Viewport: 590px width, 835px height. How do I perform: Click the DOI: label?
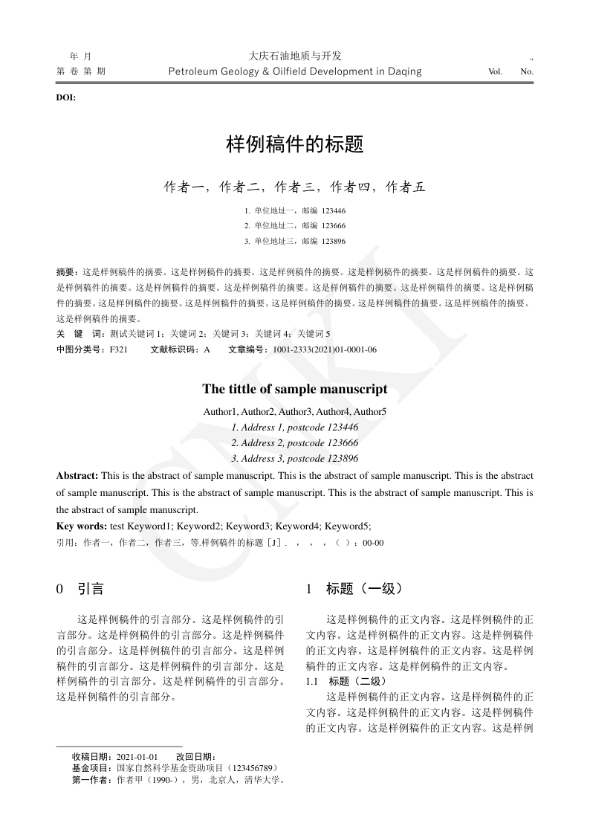point(66,97)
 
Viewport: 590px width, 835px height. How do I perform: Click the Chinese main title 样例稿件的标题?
point(295,144)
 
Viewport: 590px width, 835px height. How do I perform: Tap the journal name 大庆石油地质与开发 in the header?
point(295,56)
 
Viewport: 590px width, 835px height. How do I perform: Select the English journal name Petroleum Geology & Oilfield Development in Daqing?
point(295,71)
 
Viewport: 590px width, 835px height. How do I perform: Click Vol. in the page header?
point(495,72)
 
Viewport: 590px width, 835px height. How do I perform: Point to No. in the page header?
point(527,72)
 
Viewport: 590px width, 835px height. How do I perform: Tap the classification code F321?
point(119,349)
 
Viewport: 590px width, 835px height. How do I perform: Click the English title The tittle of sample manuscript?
point(295,390)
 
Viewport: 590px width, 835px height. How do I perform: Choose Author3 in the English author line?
point(296,411)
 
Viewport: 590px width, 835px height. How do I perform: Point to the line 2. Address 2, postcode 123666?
point(295,442)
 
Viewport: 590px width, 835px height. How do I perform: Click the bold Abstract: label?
point(77,475)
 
